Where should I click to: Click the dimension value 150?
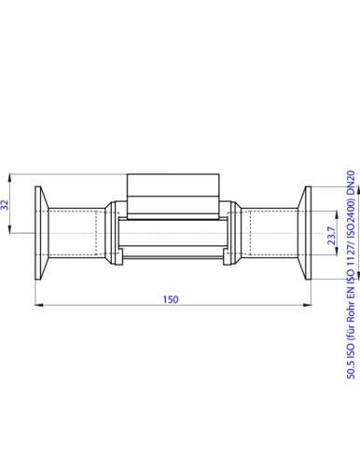click(171, 299)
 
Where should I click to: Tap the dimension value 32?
click(5, 205)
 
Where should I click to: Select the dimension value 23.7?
click(332, 236)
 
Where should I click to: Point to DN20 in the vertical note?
click(351, 182)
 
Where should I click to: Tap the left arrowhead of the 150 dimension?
click(38, 306)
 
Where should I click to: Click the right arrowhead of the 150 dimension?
click(307, 306)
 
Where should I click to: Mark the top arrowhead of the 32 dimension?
click(10, 178)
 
